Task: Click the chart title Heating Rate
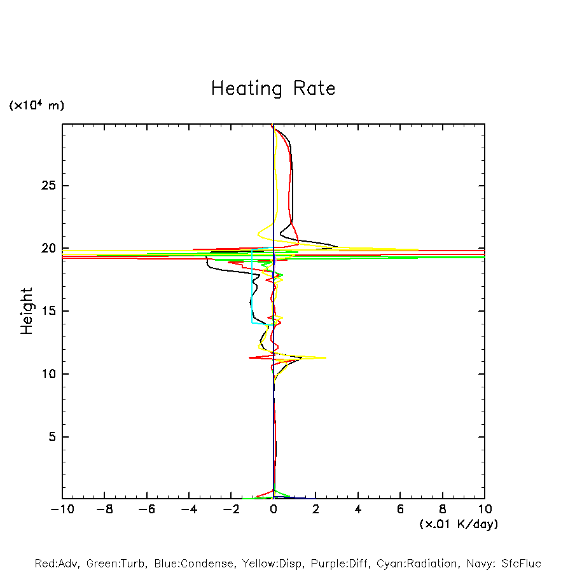coord(273,88)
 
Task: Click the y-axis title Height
coord(27,311)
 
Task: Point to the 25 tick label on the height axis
coord(48,186)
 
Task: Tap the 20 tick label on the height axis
coord(48,248)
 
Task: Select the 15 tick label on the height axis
coord(48,311)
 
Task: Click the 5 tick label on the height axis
coord(52,437)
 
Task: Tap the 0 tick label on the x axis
coord(274,509)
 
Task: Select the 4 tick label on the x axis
coord(358,509)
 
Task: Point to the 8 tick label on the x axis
coord(443,509)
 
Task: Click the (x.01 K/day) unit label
coord(458,524)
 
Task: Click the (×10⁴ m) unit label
coord(36,106)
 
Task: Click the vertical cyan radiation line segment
coord(253,286)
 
